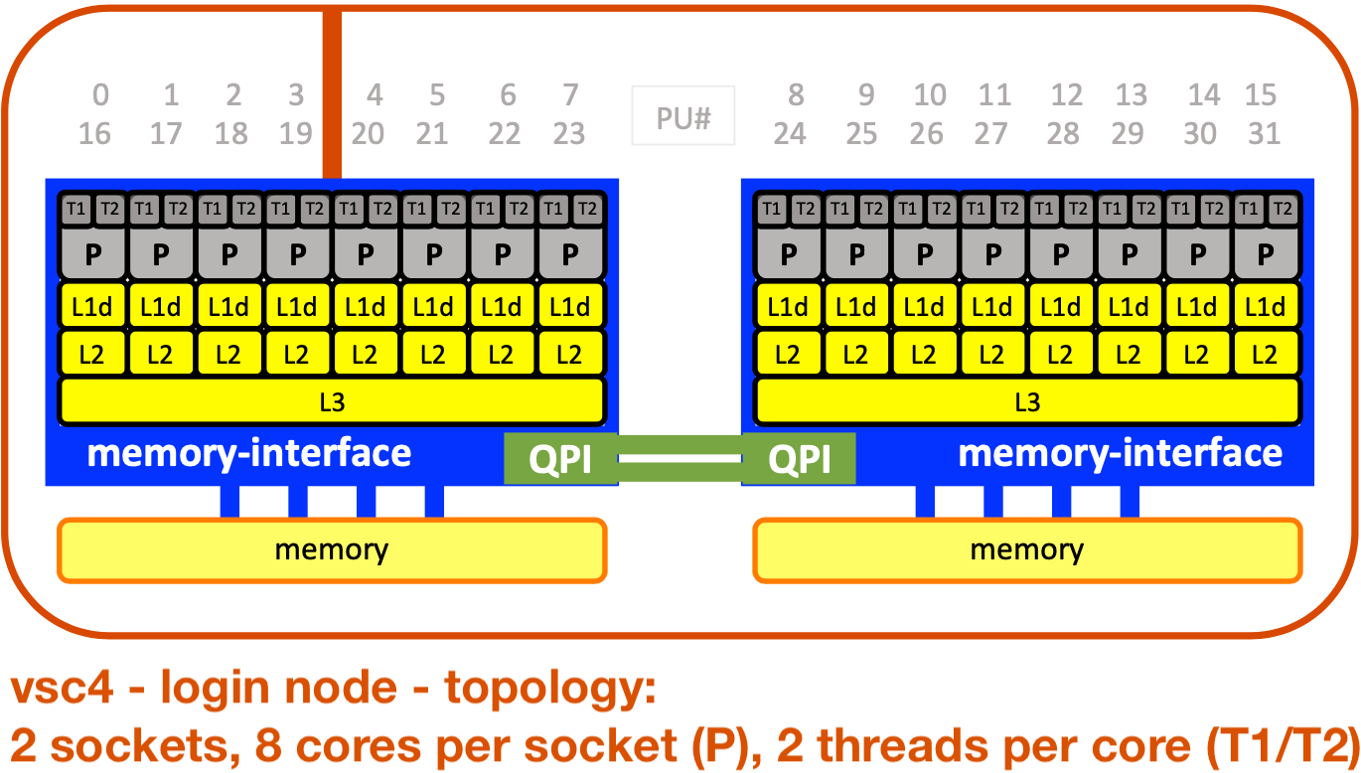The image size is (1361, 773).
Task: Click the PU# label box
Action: (x=683, y=118)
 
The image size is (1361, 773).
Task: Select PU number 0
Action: (x=100, y=95)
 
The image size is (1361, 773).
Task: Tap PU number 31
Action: (x=1264, y=133)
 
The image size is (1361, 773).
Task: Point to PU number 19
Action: (x=296, y=133)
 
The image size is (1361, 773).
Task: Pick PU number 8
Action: (x=795, y=95)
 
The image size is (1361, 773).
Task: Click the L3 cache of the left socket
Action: (x=332, y=401)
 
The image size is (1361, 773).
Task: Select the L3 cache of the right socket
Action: (x=1027, y=401)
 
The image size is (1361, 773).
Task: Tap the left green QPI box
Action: (x=560, y=459)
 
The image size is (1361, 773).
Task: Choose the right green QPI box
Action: (x=799, y=459)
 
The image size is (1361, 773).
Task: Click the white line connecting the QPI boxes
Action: (x=680, y=459)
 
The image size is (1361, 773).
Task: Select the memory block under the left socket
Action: (x=332, y=549)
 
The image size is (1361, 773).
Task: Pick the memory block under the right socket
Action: (x=1027, y=549)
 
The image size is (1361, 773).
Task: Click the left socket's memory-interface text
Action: (x=249, y=453)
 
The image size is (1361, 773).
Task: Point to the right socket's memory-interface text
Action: (x=1120, y=453)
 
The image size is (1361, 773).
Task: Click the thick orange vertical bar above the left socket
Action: (x=332, y=94)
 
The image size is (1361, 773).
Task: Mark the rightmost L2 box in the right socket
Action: (x=1264, y=354)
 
